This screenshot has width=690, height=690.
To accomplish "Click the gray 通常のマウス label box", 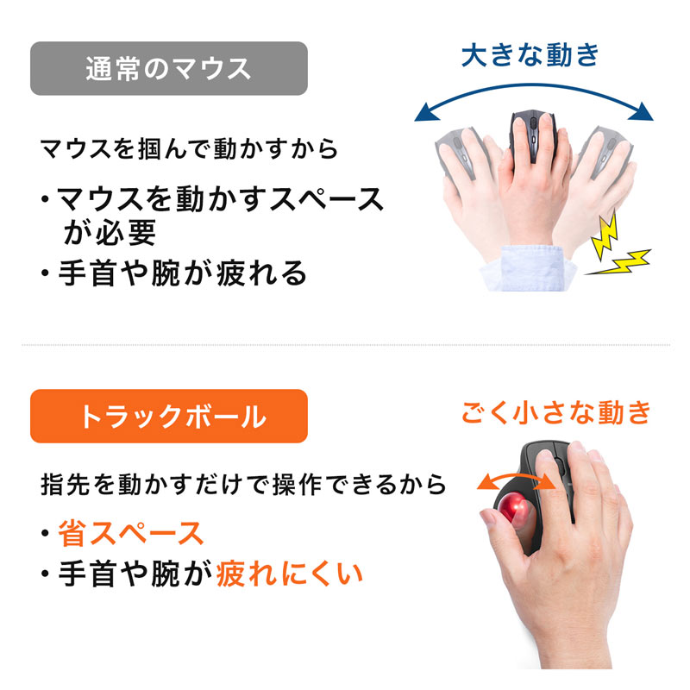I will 169,68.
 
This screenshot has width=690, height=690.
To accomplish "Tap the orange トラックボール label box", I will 169,417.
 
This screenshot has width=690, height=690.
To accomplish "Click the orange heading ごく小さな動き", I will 555,412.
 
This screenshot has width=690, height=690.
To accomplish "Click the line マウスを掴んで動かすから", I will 189,147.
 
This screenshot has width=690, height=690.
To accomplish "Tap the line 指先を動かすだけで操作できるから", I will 243,484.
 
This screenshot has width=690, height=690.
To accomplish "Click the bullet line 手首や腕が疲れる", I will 182,273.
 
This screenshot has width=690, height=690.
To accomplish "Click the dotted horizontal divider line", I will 345,345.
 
